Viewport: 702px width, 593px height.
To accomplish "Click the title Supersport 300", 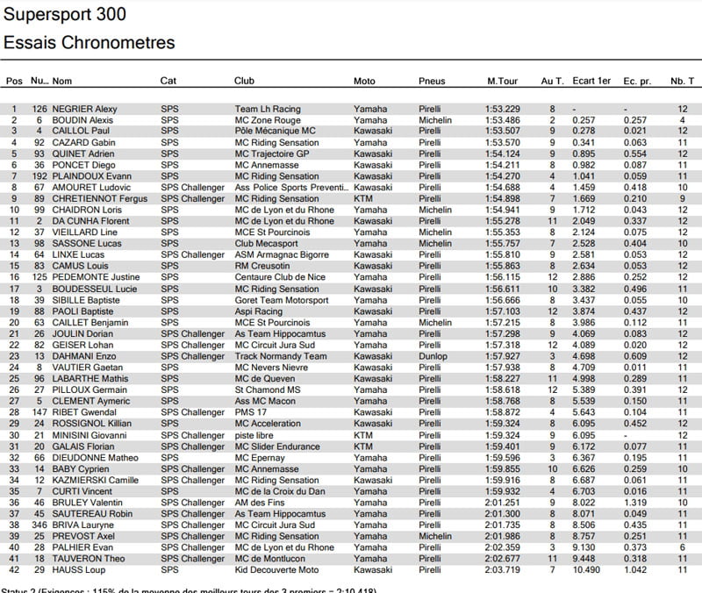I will [x=65, y=15].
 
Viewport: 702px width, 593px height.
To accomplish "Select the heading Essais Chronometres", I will [x=90, y=42].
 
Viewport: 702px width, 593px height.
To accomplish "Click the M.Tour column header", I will [x=503, y=82].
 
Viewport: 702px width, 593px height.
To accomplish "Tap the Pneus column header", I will [x=433, y=82].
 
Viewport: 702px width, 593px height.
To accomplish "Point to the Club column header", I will [x=244, y=82].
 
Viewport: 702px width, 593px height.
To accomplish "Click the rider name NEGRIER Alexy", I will [x=85, y=109].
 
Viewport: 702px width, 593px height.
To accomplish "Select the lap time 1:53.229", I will [x=503, y=109].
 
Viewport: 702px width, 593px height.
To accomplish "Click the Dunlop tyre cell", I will [x=433, y=357].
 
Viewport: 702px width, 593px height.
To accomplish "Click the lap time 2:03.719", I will [x=503, y=570].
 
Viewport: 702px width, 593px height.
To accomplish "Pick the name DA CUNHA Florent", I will [x=88, y=222].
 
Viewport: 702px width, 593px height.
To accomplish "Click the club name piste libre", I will [x=254, y=435].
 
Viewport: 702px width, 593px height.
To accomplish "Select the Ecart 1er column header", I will [x=591, y=82].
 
